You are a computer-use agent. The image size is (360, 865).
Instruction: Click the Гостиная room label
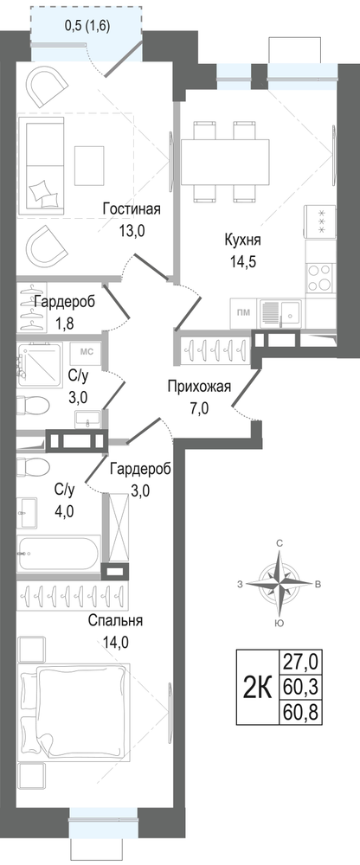click(x=132, y=209)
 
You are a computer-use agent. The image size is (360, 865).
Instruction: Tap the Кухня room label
click(x=242, y=240)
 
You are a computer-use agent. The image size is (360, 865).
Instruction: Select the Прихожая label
click(x=199, y=387)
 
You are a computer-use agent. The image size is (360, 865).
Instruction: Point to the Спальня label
click(x=115, y=621)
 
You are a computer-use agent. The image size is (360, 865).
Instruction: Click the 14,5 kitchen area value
click(x=242, y=260)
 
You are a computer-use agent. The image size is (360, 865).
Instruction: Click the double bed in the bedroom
click(x=74, y=712)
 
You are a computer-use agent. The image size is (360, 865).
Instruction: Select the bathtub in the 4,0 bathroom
click(x=59, y=553)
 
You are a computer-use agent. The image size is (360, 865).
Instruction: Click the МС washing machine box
click(x=86, y=353)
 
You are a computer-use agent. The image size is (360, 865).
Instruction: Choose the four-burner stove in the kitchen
click(x=320, y=278)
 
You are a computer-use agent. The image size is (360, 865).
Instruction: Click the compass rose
click(x=280, y=583)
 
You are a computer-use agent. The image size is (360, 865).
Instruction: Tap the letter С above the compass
click(x=280, y=544)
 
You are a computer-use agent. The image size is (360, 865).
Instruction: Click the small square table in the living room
click(x=89, y=165)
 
